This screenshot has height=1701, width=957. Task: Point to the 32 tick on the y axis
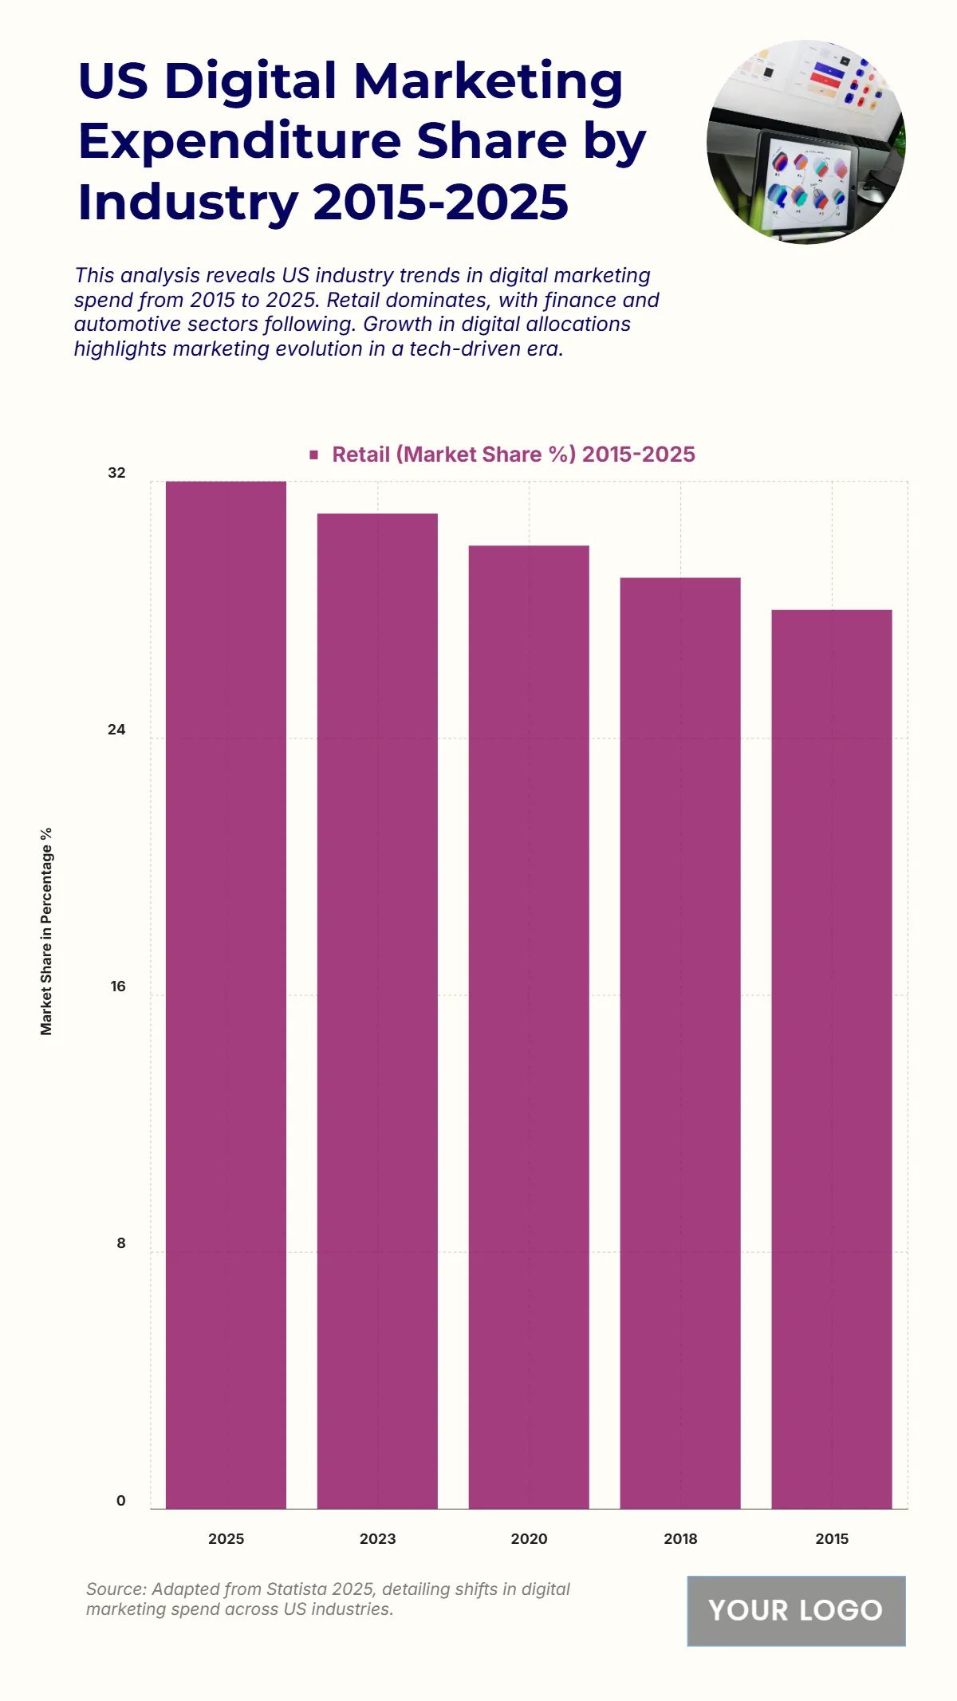pyautogui.click(x=117, y=473)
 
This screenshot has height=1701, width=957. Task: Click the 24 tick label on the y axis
pyautogui.click(x=117, y=730)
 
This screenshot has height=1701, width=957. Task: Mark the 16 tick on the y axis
pyautogui.click(x=118, y=986)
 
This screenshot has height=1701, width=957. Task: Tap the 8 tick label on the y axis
pyautogui.click(x=121, y=1243)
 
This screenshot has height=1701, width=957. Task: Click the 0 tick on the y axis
pyautogui.click(x=121, y=1501)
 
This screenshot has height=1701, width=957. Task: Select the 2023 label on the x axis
pyautogui.click(x=377, y=1539)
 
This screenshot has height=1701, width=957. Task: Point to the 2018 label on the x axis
pyautogui.click(x=680, y=1539)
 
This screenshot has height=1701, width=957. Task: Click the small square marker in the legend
pyautogui.click(x=314, y=455)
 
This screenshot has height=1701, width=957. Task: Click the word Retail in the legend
pyautogui.click(x=360, y=455)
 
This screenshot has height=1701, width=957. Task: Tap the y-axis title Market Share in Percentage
pyautogui.click(x=46, y=931)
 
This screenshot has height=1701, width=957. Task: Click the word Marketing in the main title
pyautogui.click(x=487, y=81)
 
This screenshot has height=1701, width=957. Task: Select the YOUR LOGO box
pyautogui.click(x=796, y=1610)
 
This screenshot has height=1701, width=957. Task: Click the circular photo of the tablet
pyautogui.click(x=805, y=142)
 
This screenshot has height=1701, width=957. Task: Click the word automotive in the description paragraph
pyautogui.click(x=124, y=324)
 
